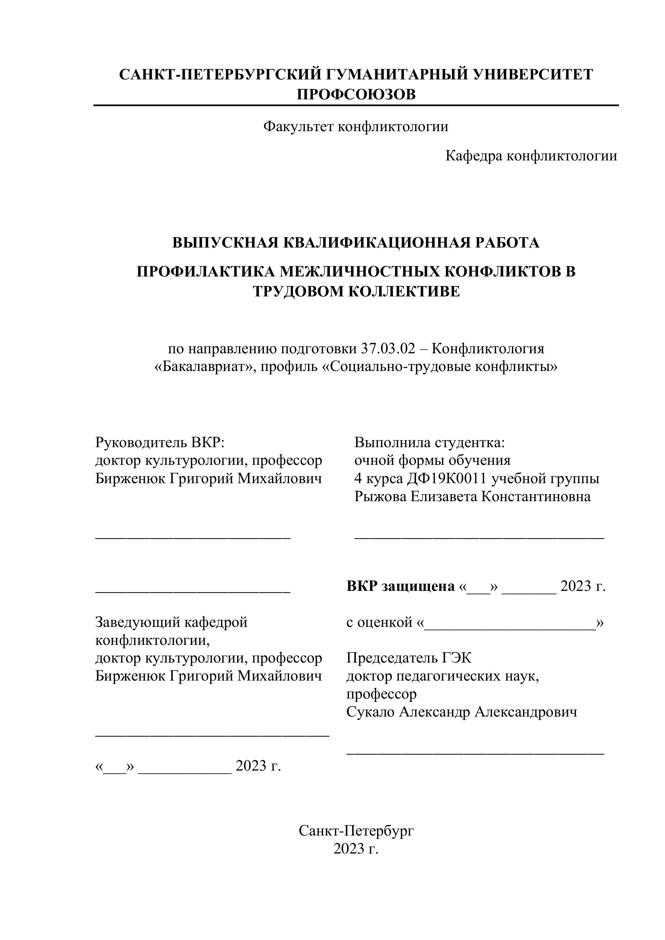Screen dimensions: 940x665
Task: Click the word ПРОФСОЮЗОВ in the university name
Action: pos(356,94)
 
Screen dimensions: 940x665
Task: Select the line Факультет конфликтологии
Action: pos(356,127)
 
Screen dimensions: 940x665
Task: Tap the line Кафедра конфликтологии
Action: pos(531,156)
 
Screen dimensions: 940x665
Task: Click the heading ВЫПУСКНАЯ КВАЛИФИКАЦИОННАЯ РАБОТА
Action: pos(356,243)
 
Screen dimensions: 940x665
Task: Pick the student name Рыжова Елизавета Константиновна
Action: pos(473,497)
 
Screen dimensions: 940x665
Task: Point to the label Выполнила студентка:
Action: pos(430,443)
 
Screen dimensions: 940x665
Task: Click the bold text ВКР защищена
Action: pos(400,586)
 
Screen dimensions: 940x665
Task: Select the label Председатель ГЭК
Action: pos(409,658)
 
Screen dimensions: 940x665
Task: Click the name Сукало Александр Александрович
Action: pos(461,712)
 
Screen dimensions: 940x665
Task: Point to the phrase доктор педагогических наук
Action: pos(442,676)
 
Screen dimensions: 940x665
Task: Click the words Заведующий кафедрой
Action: pos(171,622)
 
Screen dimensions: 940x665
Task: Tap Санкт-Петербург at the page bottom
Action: pos(356,831)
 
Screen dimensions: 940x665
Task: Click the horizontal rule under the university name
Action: pos(356,106)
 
